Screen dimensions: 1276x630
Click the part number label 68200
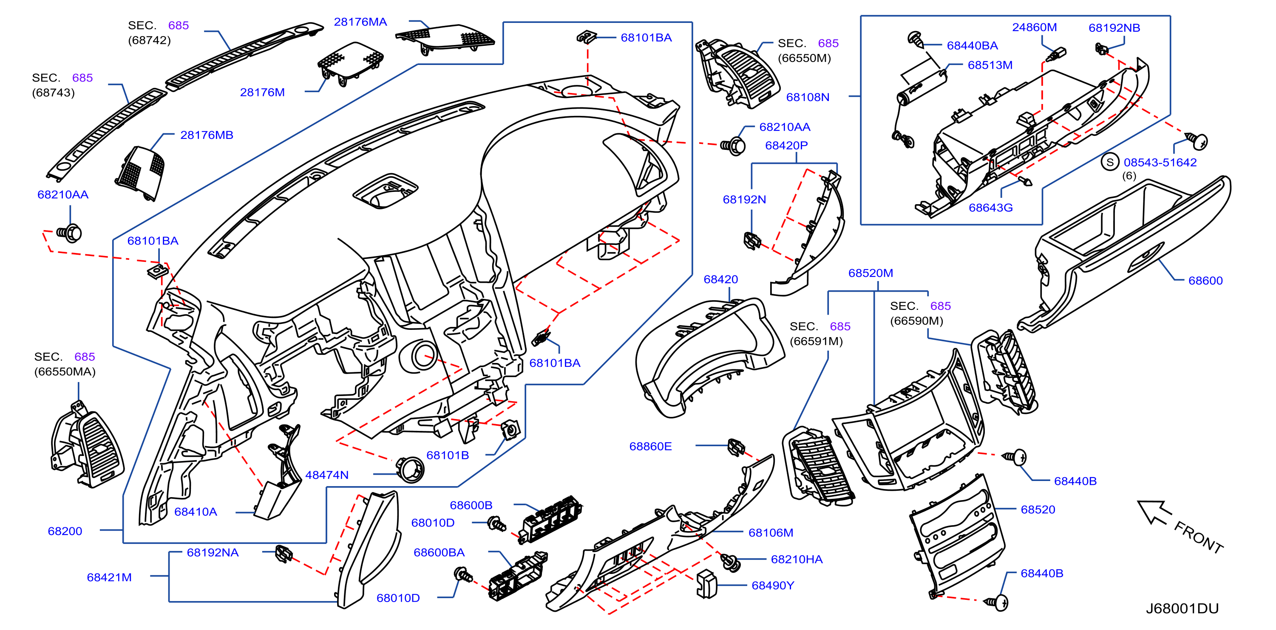(x=65, y=531)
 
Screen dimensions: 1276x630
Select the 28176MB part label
(x=207, y=135)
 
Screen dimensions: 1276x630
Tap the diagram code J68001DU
(x=1182, y=608)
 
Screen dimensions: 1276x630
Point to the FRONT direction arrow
(x=1154, y=512)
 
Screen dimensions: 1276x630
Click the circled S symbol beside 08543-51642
(x=1110, y=162)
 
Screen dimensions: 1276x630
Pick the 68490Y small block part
(x=706, y=584)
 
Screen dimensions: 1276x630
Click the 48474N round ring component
(x=410, y=469)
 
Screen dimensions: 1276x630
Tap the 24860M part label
(x=1034, y=27)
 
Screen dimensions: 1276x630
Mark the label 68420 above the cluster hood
(x=721, y=279)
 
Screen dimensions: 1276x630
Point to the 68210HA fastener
(x=730, y=562)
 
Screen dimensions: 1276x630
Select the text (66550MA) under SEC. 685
(x=65, y=371)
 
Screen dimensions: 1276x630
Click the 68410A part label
(x=196, y=512)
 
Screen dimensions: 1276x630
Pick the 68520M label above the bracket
(x=871, y=273)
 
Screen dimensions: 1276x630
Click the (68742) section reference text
(x=149, y=40)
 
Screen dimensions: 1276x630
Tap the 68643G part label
(x=991, y=208)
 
